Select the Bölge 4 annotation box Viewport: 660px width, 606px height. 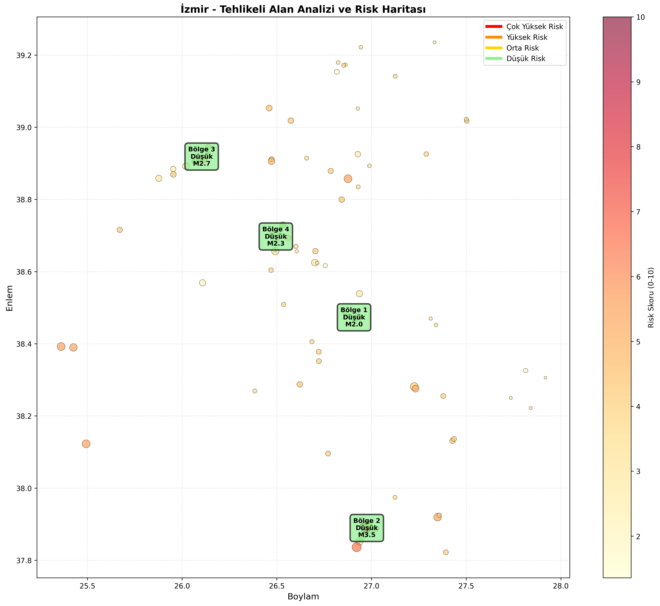tap(276, 237)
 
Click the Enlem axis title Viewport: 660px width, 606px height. tap(10, 298)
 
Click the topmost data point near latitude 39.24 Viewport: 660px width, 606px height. tap(434, 42)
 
